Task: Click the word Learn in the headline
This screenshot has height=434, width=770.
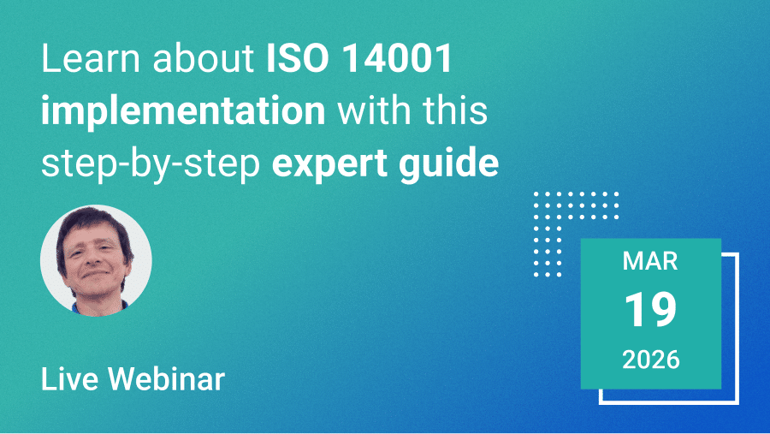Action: pyautogui.click(x=91, y=59)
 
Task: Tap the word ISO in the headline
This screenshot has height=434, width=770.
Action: pyautogui.click(x=298, y=59)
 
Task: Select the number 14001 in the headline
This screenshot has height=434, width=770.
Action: pyautogui.click(x=396, y=59)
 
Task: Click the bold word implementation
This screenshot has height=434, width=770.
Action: pyautogui.click(x=183, y=110)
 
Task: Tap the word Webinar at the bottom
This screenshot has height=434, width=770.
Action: pyautogui.click(x=167, y=379)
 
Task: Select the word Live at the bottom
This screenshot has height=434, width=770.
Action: pyautogui.click(x=69, y=379)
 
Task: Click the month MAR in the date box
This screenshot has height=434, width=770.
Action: pyautogui.click(x=650, y=261)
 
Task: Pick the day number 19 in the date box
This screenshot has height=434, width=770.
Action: pyautogui.click(x=650, y=310)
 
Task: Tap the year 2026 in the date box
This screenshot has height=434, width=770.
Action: pyautogui.click(x=651, y=360)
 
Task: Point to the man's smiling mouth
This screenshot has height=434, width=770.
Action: pyautogui.click(x=96, y=273)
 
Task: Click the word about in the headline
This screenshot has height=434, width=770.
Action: pyautogui.click(x=204, y=59)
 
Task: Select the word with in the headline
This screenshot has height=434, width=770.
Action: pyautogui.click(x=374, y=110)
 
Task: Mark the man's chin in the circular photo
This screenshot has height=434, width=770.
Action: pyautogui.click(x=98, y=291)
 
